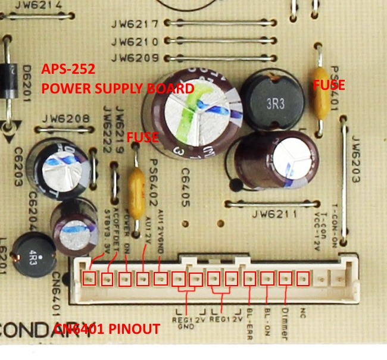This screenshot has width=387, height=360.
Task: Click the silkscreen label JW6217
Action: pyautogui.click(x=134, y=24)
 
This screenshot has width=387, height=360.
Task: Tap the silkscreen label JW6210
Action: pyautogui.click(x=134, y=42)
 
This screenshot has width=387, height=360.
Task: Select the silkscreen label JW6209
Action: pyautogui.click(x=134, y=58)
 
